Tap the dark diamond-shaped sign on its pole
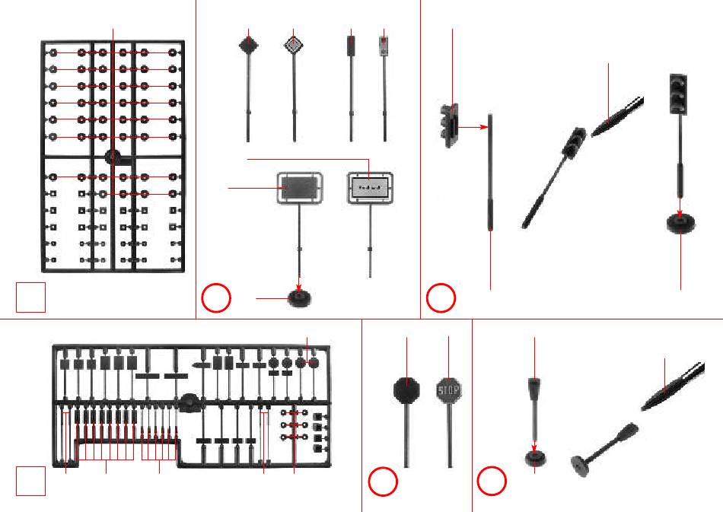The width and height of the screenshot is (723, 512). point(249,46)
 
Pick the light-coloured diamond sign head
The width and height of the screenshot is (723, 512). point(294,46)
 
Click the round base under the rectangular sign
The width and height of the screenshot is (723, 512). point(299,299)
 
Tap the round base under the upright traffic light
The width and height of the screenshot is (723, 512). point(681,223)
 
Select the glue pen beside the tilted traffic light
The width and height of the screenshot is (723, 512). point(618,116)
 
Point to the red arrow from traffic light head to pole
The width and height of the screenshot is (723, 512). point(473,128)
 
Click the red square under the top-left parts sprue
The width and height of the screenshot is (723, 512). point(32,297)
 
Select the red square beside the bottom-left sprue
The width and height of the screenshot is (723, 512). point(32,482)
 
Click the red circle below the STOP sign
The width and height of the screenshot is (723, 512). point(383,483)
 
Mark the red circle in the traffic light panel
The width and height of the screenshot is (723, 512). point(441,299)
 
